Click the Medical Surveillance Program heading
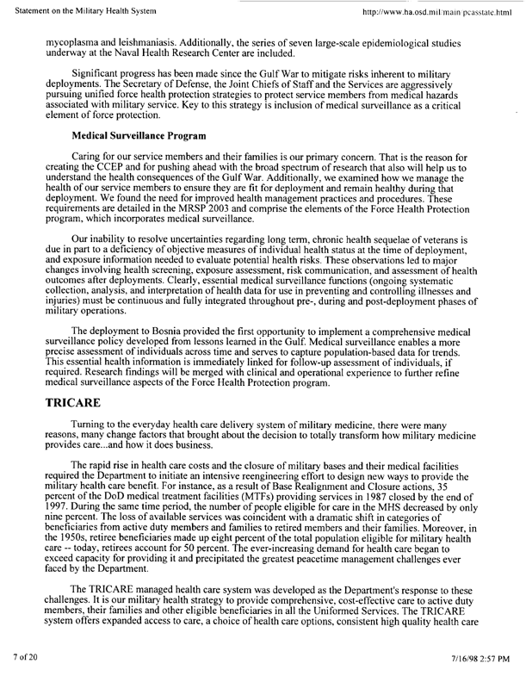(139, 136)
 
